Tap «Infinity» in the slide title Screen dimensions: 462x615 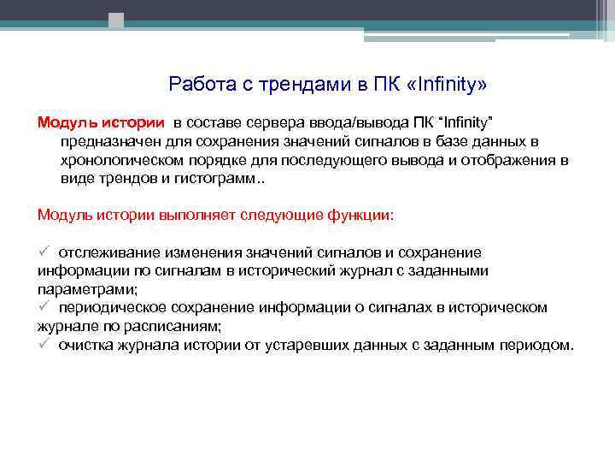coord(446,84)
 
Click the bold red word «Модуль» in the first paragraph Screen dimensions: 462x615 coord(65,121)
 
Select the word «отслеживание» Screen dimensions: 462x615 coord(106,252)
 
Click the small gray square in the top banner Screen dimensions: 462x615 coord(116,19)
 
